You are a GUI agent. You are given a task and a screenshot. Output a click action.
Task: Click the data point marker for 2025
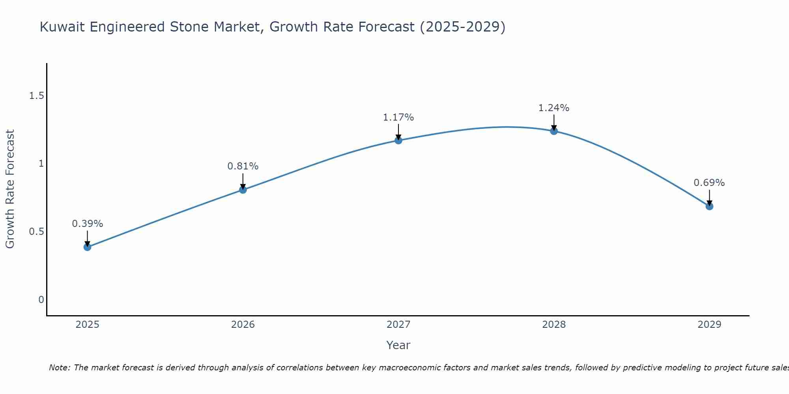point(87,247)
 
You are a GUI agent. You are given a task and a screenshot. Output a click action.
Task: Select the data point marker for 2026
point(243,190)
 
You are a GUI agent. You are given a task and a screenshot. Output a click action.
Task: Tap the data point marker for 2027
point(398,140)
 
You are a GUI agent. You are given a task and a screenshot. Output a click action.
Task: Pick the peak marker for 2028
point(553,131)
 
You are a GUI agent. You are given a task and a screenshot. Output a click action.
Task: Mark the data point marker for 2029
point(709,206)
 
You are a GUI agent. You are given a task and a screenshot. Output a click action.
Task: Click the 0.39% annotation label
point(87,224)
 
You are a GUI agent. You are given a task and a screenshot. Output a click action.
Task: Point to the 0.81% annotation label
point(243,166)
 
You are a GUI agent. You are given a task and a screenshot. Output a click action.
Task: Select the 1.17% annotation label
point(398,117)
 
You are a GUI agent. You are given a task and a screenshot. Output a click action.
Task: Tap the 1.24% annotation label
point(553,108)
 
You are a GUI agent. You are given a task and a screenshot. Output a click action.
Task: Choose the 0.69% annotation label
point(709,183)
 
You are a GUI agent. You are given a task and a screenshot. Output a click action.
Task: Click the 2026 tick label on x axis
point(243,325)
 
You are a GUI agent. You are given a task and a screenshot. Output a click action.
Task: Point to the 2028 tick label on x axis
point(553,325)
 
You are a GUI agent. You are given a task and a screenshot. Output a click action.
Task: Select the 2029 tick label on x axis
point(709,325)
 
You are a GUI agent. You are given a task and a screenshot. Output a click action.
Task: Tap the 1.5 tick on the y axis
point(36,96)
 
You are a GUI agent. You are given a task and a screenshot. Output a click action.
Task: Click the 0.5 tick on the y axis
point(36,232)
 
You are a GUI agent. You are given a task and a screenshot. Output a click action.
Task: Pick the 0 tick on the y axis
point(41,300)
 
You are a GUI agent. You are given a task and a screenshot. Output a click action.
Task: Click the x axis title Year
point(398,345)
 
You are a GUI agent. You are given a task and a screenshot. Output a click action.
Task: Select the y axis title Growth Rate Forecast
point(10,189)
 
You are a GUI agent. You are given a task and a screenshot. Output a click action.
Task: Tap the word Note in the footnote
point(59,368)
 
